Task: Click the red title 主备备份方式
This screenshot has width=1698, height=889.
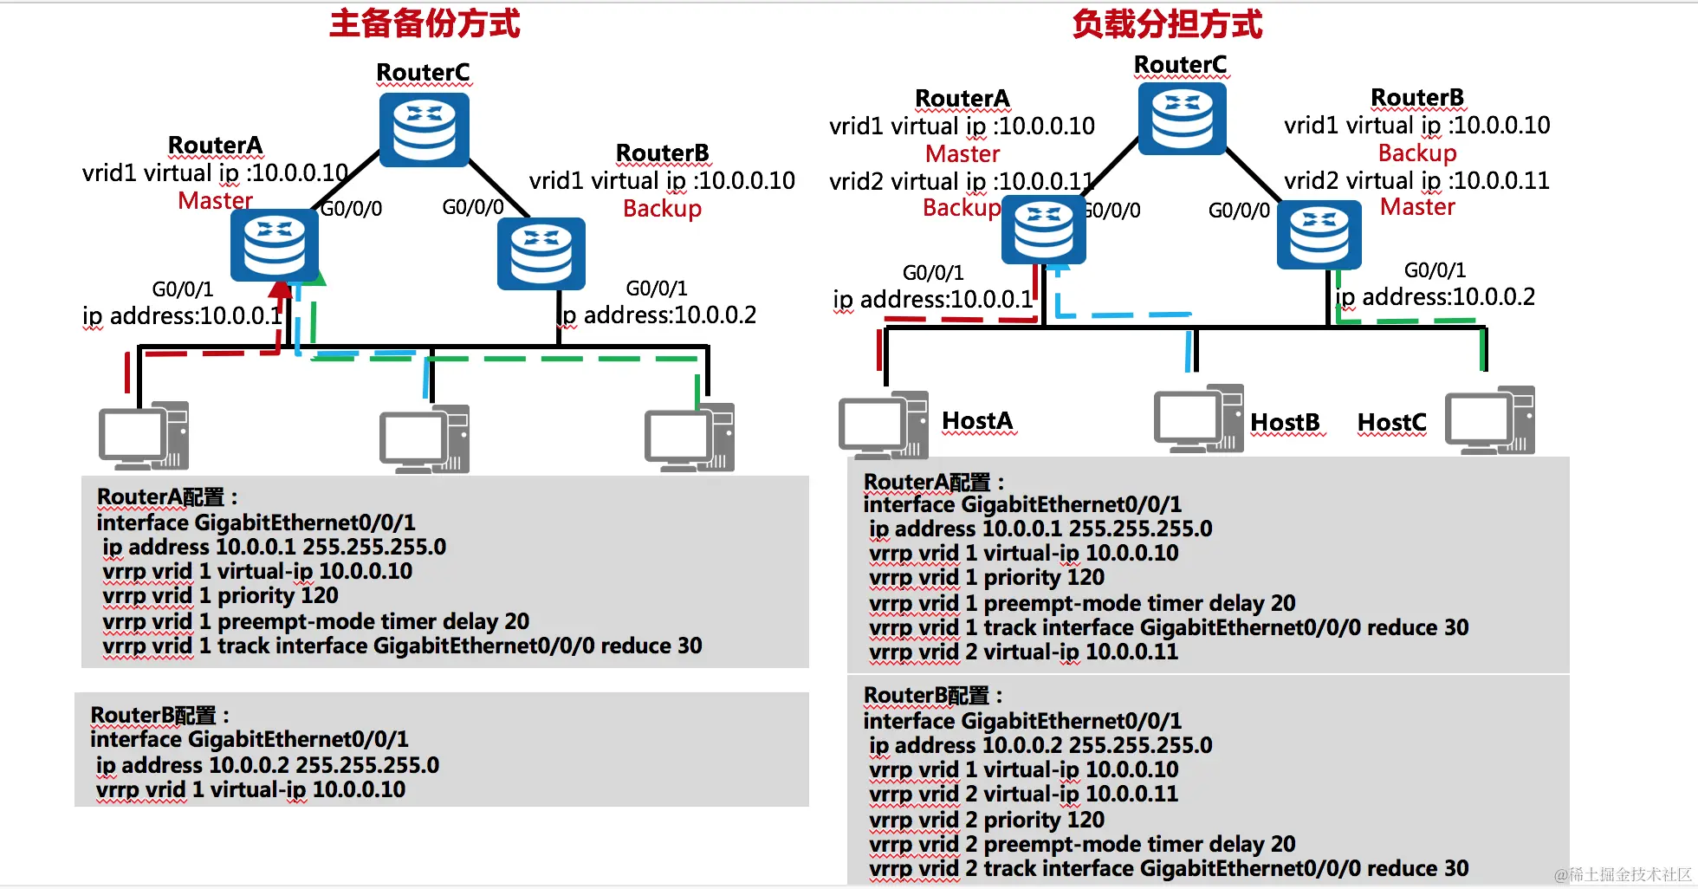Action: [x=424, y=23]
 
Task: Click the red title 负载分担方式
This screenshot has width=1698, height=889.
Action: [x=1167, y=23]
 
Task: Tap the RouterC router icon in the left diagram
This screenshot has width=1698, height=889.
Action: [x=424, y=130]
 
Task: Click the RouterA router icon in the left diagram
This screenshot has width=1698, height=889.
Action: [x=275, y=245]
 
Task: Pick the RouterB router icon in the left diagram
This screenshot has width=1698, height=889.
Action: [x=541, y=253]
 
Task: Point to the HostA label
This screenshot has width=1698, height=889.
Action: [x=977, y=421]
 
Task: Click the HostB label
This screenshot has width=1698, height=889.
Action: [x=1285, y=423]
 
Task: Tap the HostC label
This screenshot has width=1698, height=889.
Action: [x=1391, y=423]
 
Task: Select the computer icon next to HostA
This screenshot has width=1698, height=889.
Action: [x=883, y=425]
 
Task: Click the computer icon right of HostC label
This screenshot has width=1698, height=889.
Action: [x=1490, y=420]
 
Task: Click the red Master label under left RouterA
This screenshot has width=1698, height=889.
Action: [x=215, y=201]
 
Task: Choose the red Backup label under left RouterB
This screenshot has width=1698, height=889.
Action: [x=662, y=209]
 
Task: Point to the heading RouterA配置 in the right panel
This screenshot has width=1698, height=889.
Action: [x=933, y=482]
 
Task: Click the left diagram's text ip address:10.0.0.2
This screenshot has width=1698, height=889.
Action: [x=659, y=315]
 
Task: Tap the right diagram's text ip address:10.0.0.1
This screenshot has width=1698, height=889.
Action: [x=933, y=300]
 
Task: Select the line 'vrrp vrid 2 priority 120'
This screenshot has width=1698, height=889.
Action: [x=987, y=820]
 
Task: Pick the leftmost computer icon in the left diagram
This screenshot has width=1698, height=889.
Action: [x=144, y=435]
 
